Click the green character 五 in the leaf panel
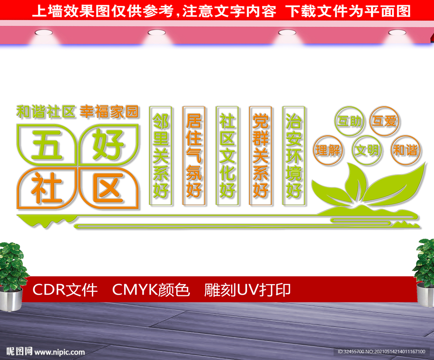coord(47,145)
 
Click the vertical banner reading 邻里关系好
coord(161,156)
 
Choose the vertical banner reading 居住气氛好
coord(194,156)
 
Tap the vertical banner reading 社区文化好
coord(227,156)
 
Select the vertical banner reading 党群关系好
coord(261,156)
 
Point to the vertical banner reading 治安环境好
coord(294,156)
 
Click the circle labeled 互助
coord(349,121)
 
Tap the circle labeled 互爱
coord(384,121)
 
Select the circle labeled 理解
coord(328,151)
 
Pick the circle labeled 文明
coord(367,151)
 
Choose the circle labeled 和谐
coord(406,151)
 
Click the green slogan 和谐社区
coord(46,112)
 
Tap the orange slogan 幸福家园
coord(109,112)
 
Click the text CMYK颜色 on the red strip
coord(151,290)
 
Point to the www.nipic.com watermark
coord(60,352)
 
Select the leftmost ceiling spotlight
coord(44,33)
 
